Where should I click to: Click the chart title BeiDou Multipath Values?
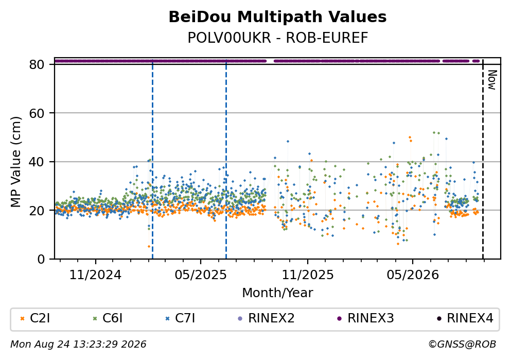click(277, 17)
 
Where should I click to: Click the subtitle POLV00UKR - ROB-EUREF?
click(278, 38)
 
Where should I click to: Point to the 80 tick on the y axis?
click(37, 64)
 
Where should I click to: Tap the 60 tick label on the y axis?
click(37, 113)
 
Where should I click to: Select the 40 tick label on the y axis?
click(37, 162)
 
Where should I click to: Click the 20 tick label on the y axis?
click(37, 210)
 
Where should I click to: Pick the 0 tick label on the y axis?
click(41, 259)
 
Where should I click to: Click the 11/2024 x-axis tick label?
click(95, 275)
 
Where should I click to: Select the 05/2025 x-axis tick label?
click(200, 275)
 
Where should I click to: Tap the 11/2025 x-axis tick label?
click(308, 275)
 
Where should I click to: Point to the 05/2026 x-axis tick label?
click(413, 275)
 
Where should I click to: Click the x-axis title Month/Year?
click(277, 293)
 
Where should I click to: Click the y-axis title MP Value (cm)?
click(15, 162)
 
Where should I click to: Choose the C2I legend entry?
click(35, 318)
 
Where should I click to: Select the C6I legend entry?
click(108, 318)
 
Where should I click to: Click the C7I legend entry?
click(180, 318)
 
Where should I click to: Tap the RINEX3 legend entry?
click(366, 318)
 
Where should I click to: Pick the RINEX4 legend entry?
click(465, 318)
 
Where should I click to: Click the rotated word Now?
click(492, 80)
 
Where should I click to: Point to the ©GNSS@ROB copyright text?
click(462, 345)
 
